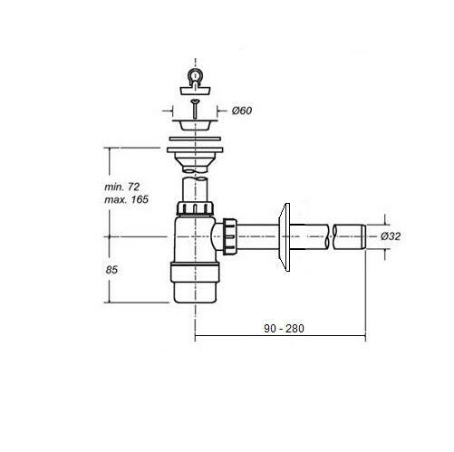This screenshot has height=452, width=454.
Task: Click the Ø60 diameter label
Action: pos(242,111)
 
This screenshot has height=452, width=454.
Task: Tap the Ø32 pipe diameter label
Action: pos(391,236)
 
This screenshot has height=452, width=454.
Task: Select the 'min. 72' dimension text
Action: pos(121,187)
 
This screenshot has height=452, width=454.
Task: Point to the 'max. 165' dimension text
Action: pos(126,199)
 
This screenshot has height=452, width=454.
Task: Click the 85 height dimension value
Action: pos(111,270)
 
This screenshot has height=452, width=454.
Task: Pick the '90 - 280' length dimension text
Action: pos(284,328)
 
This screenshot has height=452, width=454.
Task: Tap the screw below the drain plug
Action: pos(196,109)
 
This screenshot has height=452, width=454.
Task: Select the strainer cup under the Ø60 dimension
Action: pos(195,125)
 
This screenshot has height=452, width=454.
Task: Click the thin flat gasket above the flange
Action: pos(195,139)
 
